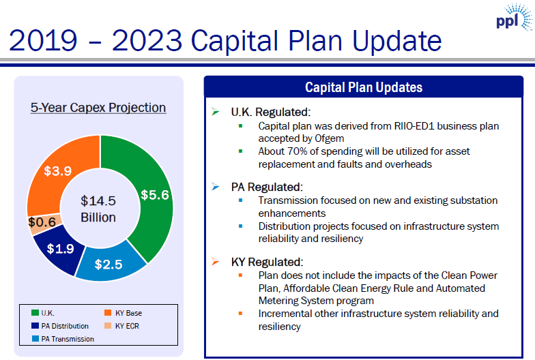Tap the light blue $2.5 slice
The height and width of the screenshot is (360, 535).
click(x=109, y=263)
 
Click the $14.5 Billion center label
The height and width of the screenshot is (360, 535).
click(x=98, y=209)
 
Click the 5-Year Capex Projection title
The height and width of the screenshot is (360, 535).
click(x=98, y=108)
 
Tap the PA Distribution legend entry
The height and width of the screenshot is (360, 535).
click(x=65, y=326)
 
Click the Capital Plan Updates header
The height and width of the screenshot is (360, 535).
click(x=363, y=87)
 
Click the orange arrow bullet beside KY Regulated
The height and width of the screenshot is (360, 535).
click(x=216, y=262)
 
